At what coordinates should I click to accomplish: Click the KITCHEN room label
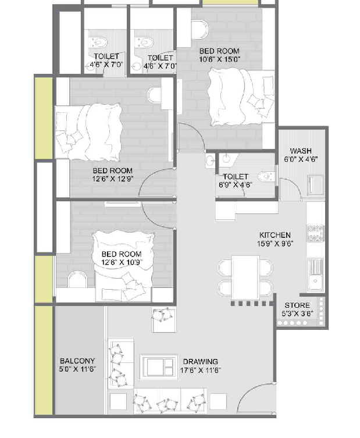point(275,235)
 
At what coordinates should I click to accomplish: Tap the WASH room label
point(301,151)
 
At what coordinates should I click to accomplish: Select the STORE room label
point(297,305)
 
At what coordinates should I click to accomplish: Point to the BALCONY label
point(77,361)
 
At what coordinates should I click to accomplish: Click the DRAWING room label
point(200,362)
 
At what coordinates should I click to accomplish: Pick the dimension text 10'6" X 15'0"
point(219,59)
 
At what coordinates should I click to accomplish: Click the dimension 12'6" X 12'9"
point(113,179)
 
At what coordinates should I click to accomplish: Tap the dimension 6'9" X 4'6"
point(236,185)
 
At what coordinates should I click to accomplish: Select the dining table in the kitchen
point(245,278)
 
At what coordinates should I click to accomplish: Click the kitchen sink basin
point(315,280)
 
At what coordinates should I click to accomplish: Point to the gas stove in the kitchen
point(315,233)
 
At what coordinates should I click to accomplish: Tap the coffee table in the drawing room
point(159,367)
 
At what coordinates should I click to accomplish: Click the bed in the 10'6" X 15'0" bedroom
point(241,97)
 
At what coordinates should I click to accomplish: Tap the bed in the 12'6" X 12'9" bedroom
point(88,132)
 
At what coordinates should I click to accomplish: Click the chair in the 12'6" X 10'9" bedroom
point(77,279)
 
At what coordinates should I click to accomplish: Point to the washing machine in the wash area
point(316,185)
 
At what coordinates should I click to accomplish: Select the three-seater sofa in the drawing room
point(170,401)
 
